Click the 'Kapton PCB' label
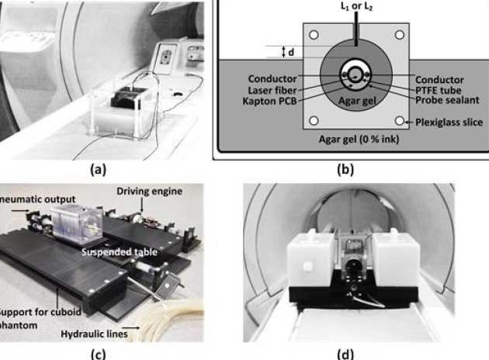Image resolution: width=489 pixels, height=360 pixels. (272, 101)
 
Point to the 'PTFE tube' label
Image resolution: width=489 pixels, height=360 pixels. (439, 90)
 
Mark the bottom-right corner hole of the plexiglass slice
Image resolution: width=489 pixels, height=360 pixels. (399, 121)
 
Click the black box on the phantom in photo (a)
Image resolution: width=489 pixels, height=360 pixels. (127, 99)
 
